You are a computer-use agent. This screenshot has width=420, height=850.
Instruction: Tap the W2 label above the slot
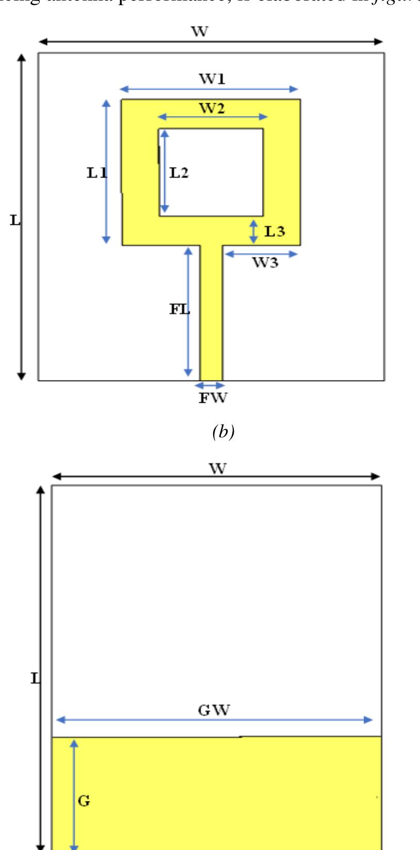point(213,108)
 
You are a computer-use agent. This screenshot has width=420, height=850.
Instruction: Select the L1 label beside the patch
point(96,173)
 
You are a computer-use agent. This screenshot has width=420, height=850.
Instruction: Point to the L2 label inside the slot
point(179,173)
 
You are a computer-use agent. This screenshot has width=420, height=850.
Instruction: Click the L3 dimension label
point(274,231)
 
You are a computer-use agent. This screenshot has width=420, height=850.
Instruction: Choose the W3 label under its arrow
point(265,263)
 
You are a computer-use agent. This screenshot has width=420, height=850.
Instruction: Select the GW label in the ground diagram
point(214,710)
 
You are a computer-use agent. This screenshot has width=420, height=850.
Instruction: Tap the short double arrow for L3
point(253,232)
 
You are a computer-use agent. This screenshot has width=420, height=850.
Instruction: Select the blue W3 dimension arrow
point(262,253)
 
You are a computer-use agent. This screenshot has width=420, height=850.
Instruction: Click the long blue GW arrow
point(214,720)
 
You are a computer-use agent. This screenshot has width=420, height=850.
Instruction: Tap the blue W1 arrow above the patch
point(209,89)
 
